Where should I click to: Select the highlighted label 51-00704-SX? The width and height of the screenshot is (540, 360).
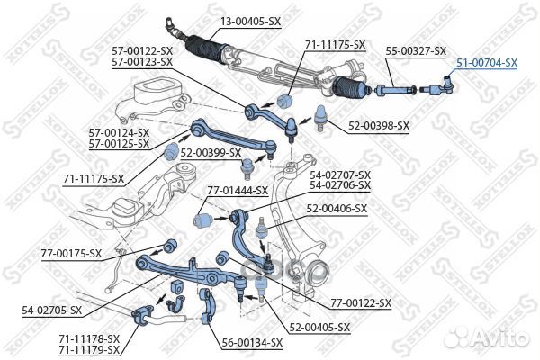click(486, 62)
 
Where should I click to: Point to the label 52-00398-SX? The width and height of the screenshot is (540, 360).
click(378, 125)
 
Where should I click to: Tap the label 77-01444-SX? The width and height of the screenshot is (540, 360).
click(238, 191)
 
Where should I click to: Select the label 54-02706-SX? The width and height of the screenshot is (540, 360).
click(339, 184)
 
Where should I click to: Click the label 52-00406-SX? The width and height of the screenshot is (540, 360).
click(337, 208)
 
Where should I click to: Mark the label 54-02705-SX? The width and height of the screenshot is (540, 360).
click(52, 310)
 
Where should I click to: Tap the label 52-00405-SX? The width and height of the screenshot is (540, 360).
click(319, 327)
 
